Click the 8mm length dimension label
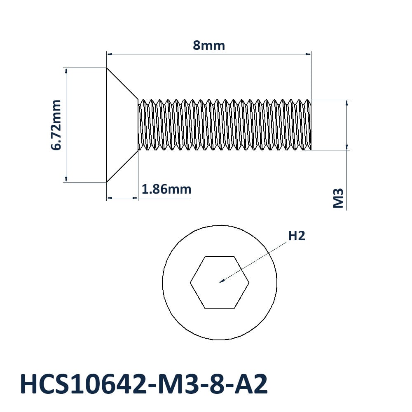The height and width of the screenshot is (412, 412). pos(209,45)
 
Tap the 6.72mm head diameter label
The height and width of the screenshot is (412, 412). pos(56,125)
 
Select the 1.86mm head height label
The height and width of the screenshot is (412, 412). pos(166,189)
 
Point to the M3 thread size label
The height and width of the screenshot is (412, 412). pos(338,198)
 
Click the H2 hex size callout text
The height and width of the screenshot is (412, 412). pos(297,236)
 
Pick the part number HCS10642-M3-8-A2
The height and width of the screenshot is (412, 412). pos(144,384)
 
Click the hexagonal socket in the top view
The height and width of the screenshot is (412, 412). pos(220,282)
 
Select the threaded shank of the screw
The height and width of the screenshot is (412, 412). pos(225,125)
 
